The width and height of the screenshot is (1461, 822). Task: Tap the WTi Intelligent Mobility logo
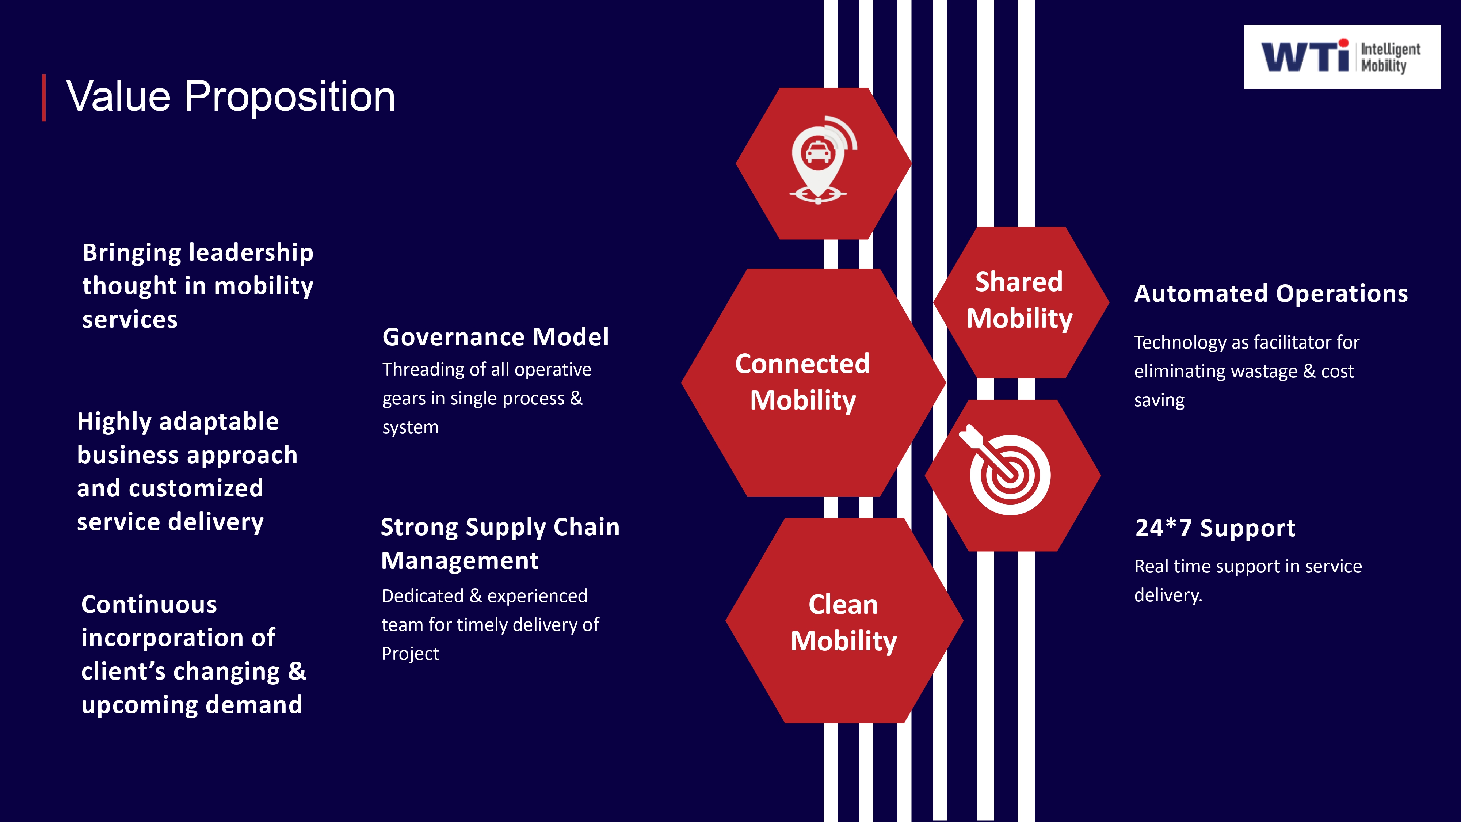(1342, 57)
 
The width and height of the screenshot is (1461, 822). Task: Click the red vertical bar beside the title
(44, 98)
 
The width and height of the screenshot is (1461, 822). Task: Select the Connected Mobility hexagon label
(802, 382)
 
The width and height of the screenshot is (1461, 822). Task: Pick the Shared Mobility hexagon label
(1019, 300)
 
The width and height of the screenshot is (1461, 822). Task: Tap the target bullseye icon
(1005, 470)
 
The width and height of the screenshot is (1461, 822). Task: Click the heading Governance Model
(496, 337)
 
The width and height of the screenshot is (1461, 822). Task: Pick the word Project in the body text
(410, 654)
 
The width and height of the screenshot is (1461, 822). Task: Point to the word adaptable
(219, 422)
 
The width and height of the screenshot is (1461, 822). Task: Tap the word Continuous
(149, 605)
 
